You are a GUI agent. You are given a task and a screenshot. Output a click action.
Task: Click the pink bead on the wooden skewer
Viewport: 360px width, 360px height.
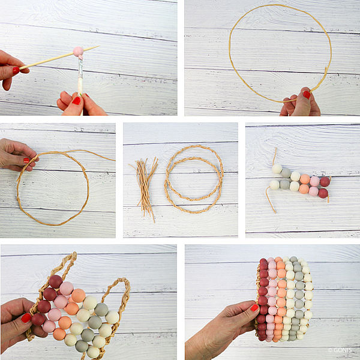tap(78, 51)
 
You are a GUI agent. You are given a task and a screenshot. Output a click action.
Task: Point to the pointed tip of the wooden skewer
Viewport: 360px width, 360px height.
tap(99, 46)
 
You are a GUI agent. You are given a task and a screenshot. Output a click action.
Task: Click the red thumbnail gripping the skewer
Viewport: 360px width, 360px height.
tap(16, 70)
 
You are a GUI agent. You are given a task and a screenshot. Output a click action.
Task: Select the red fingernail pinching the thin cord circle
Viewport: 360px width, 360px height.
tap(307, 95)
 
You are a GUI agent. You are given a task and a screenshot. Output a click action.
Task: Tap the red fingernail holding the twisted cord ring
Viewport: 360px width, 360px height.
tap(26, 160)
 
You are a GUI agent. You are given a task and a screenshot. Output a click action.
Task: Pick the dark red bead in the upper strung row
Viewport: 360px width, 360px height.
tap(325, 182)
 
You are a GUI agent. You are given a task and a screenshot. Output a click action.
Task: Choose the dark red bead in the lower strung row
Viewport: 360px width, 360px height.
tap(323, 193)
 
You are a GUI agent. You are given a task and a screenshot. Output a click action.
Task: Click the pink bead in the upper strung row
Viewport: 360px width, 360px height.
tap(314, 181)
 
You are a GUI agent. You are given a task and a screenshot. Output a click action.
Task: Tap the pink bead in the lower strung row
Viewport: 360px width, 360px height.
tap(313, 191)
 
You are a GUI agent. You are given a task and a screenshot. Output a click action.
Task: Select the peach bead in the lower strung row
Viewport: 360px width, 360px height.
tap(304, 189)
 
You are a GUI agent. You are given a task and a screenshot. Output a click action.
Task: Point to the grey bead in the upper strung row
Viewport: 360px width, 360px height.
tap(286, 173)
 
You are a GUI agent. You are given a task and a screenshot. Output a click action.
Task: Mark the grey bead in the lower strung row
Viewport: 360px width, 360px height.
tap(284, 184)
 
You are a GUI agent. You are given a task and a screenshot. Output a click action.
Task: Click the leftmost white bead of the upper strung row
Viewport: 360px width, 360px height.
tap(277, 169)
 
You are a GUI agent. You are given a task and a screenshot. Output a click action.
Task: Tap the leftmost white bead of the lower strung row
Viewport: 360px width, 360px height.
tap(274, 185)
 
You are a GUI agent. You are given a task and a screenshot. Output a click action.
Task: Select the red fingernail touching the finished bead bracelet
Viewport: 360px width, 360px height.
tap(254, 308)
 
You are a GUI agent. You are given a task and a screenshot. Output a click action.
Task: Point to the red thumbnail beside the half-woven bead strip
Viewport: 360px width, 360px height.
tap(26, 318)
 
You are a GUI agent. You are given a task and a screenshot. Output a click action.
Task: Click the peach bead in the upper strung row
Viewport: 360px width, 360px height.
tap(305, 179)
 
